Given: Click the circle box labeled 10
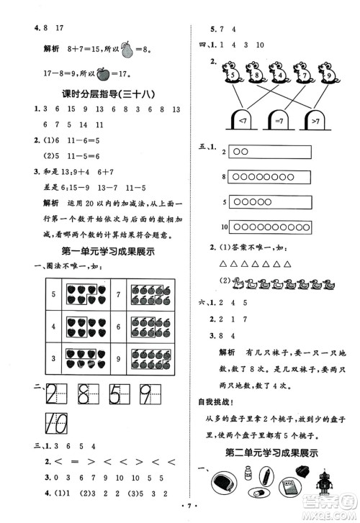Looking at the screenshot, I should point(269,227).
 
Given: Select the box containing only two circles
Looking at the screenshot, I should point(269,152).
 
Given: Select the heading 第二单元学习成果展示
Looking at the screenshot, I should point(274,453).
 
